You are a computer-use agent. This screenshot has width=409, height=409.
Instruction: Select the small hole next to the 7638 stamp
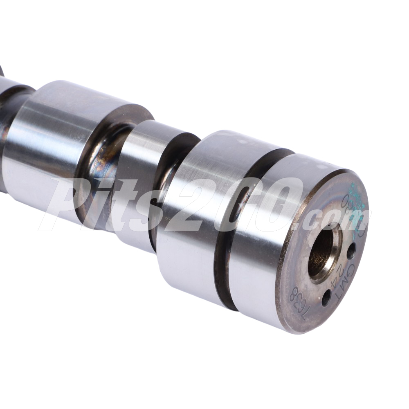326,297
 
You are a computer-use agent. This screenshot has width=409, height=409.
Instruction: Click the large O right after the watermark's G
278,204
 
